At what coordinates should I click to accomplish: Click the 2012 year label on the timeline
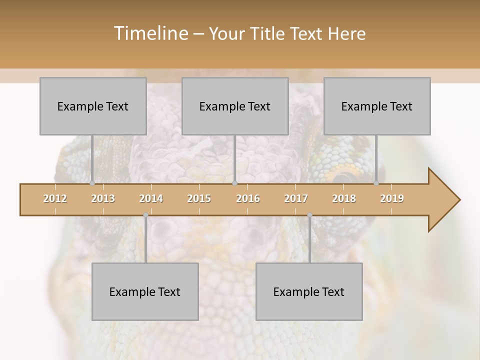55,198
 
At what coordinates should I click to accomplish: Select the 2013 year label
103,198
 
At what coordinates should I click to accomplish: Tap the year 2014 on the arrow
151,198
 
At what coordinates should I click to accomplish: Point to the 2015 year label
199,198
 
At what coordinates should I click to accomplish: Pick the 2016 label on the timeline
248,198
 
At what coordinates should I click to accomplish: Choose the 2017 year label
296,198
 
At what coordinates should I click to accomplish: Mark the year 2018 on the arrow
344,198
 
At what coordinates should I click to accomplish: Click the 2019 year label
392,198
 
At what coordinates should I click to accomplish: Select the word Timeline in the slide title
149,33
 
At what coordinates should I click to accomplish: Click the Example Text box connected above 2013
93,106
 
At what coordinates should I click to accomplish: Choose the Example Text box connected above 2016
235,106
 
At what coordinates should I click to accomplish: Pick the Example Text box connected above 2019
377,106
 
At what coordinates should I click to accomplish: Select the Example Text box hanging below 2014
145,291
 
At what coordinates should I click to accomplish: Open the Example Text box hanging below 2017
309,291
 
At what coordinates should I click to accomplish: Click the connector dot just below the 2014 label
145,215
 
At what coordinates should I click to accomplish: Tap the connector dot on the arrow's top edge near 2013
92,183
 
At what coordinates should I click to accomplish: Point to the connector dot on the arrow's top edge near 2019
376,183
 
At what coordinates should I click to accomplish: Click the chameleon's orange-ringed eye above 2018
343,176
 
